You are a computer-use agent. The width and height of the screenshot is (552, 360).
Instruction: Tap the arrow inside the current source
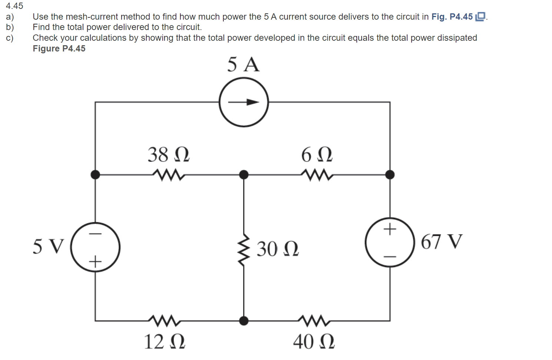click(x=244, y=102)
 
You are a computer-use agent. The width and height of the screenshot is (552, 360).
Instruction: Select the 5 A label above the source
click(x=243, y=64)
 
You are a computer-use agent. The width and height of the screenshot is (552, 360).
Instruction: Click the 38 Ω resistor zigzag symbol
click(x=169, y=175)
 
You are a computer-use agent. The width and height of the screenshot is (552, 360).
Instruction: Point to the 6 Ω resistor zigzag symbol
click(x=317, y=175)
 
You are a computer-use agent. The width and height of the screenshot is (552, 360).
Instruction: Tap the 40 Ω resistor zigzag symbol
click(x=314, y=321)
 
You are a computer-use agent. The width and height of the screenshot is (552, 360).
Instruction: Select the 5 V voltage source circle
click(x=95, y=247)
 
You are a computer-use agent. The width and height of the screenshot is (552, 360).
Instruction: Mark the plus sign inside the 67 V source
click(x=390, y=229)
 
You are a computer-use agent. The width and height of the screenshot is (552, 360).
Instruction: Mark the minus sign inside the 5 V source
click(x=96, y=234)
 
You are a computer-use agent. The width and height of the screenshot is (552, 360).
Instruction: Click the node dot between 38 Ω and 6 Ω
click(x=244, y=174)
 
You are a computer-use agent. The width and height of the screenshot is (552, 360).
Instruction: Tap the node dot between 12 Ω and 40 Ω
click(x=244, y=321)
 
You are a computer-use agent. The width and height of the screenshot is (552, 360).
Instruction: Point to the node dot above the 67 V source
click(x=390, y=174)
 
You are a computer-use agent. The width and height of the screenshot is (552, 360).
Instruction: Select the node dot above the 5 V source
click(x=95, y=174)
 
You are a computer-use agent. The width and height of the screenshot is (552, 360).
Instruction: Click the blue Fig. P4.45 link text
click(x=452, y=17)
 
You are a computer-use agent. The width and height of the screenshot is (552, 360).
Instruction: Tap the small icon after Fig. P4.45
click(x=480, y=17)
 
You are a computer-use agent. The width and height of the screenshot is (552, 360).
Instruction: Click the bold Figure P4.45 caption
click(x=59, y=49)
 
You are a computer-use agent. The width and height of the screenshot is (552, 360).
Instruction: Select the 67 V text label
click(x=442, y=242)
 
